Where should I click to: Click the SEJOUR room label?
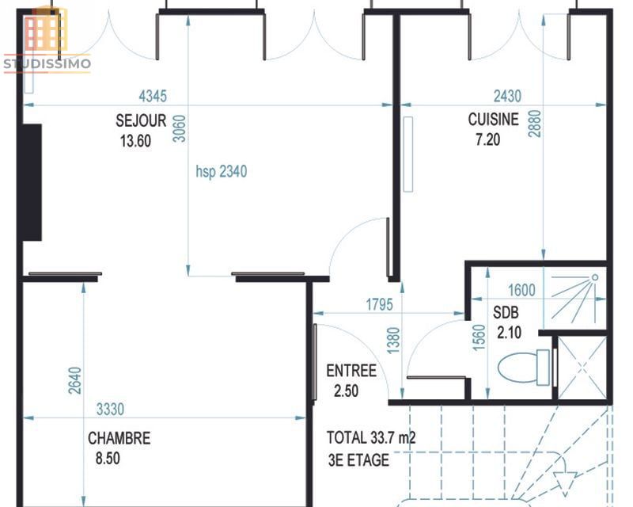pyautogui.click(x=141, y=120)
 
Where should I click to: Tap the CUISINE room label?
pyautogui.click(x=493, y=120)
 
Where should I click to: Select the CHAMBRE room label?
pyautogui.click(x=119, y=438)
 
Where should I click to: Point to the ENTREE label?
pyautogui.click(x=351, y=371)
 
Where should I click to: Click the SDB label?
pyautogui.click(x=506, y=313)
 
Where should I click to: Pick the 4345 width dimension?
pyautogui.click(x=153, y=96)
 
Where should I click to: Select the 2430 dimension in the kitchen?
pyautogui.click(x=507, y=96)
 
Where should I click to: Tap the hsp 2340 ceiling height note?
pyautogui.click(x=222, y=172)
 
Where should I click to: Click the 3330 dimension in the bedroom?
pyautogui.click(x=110, y=410)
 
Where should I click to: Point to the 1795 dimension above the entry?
pyautogui.click(x=379, y=304)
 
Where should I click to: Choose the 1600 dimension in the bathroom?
pyautogui.click(x=521, y=290)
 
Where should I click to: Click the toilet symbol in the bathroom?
pyautogui.click(x=524, y=367)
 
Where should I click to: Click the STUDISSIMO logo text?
pyautogui.click(x=47, y=64)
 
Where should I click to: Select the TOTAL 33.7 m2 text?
pyautogui.click(x=371, y=438)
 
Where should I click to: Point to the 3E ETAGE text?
pyautogui.click(x=358, y=460)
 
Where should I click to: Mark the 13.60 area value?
pyautogui.click(x=135, y=141)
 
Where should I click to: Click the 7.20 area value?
pyautogui.click(x=487, y=140)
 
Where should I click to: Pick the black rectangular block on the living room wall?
pyautogui.click(x=32, y=182)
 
